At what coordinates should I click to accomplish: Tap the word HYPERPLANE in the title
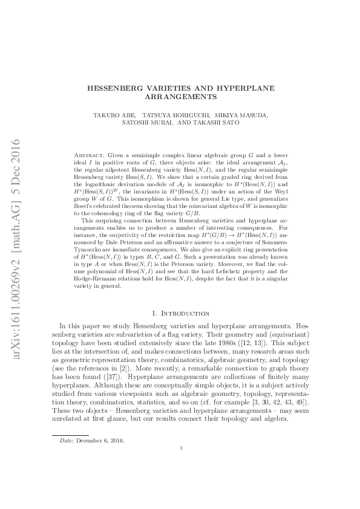tap(247, 88)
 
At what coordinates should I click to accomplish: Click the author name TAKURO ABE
tap(114, 114)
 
